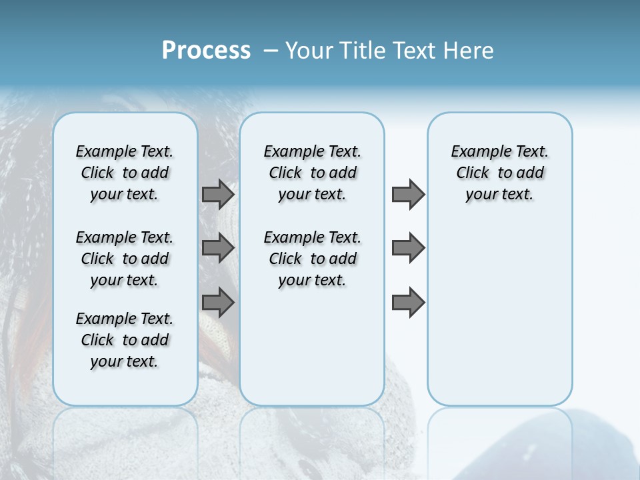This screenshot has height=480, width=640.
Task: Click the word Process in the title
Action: [x=206, y=51]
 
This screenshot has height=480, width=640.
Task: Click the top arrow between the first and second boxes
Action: [x=218, y=195]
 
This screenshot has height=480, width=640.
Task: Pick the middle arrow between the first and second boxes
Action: [x=218, y=248]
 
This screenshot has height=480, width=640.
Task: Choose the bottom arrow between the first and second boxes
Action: [x=218, y=303]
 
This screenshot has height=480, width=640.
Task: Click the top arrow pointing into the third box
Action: [x=408, y=195]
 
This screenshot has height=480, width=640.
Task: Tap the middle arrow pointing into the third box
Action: [x=408, y=248]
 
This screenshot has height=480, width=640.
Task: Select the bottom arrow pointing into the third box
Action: [x=408, y=303]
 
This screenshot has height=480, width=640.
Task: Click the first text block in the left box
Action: [x=125, y=173]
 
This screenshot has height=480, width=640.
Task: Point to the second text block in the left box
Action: [x=125, y=259]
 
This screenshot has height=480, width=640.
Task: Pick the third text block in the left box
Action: [x=125, y=340]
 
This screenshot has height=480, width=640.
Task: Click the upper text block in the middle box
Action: [x=312, y=173]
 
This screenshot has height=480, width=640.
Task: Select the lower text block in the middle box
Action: [x=312, y=259]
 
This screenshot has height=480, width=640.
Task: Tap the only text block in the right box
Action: [x=499, y=173]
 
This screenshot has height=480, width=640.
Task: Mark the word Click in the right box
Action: [x=473, y=173]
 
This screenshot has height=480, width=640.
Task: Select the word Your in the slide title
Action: [x=309, y=51]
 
